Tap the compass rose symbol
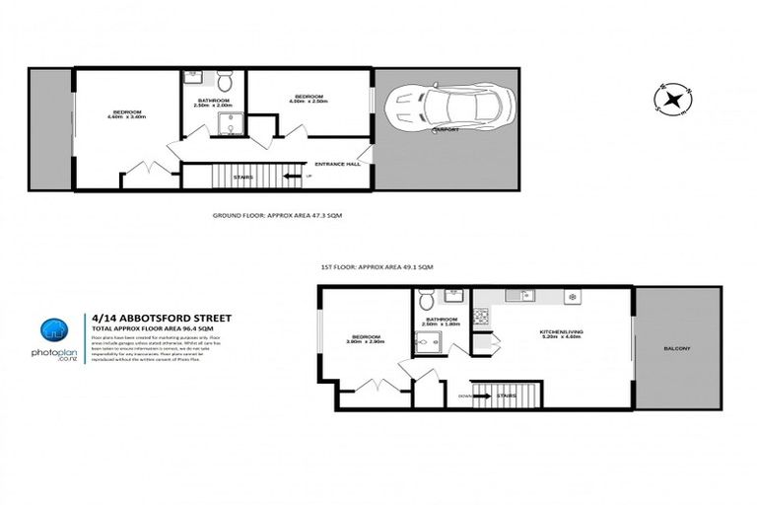point(672,99)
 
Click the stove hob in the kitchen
point(482,317)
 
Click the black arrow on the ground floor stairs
point(291,177)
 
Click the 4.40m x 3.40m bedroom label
point(127,114)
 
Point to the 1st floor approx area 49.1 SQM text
point(378,267)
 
